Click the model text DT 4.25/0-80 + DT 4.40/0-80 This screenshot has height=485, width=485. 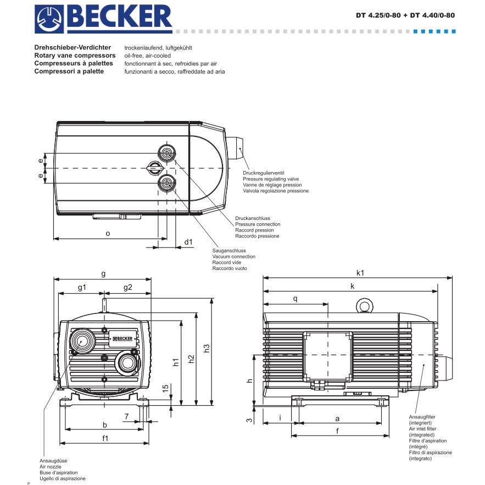tap(405, 15)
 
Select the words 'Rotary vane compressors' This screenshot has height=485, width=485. tap(75, 56)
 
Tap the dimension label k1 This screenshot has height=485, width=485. tap(360, 272)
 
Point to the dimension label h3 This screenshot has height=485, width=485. tap(207, 349)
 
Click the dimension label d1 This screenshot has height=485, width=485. tap(188, 241)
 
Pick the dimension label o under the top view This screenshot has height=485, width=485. tap(108, 233)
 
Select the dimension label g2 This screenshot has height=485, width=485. tap(127, 287)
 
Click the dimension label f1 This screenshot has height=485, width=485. tap(105, 438)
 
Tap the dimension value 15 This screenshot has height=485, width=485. tap(165, 388)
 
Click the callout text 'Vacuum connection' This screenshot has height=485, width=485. tap(233, 257)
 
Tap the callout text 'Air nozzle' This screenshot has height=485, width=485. tap(51, 466)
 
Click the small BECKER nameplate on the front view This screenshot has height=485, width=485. tap(124, 338)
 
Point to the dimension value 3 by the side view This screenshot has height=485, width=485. tap(249, 420)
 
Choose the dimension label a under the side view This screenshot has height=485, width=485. tap(337, 418)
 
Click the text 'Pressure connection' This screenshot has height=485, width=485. tap(258, 224)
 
